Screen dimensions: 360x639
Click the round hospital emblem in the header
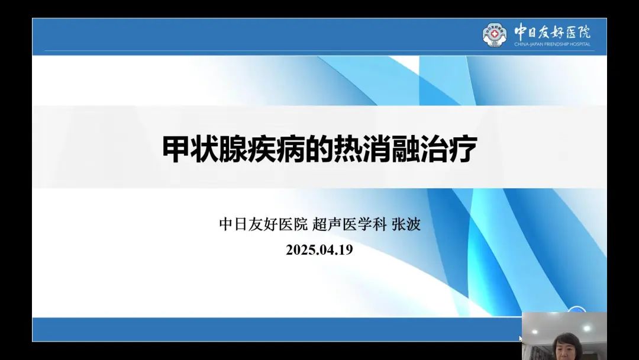point(494,34)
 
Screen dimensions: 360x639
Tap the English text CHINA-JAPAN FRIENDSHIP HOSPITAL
point(552,44)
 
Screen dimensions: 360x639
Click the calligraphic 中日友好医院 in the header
point(552,31)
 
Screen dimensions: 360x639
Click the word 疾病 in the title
point(280,150)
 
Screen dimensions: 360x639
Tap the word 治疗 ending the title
point(456,150)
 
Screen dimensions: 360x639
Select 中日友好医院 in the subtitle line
point(264,224)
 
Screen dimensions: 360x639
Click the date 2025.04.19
point(319,249)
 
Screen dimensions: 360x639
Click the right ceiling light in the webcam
point(586,327)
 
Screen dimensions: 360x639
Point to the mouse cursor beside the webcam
point(519,338)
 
